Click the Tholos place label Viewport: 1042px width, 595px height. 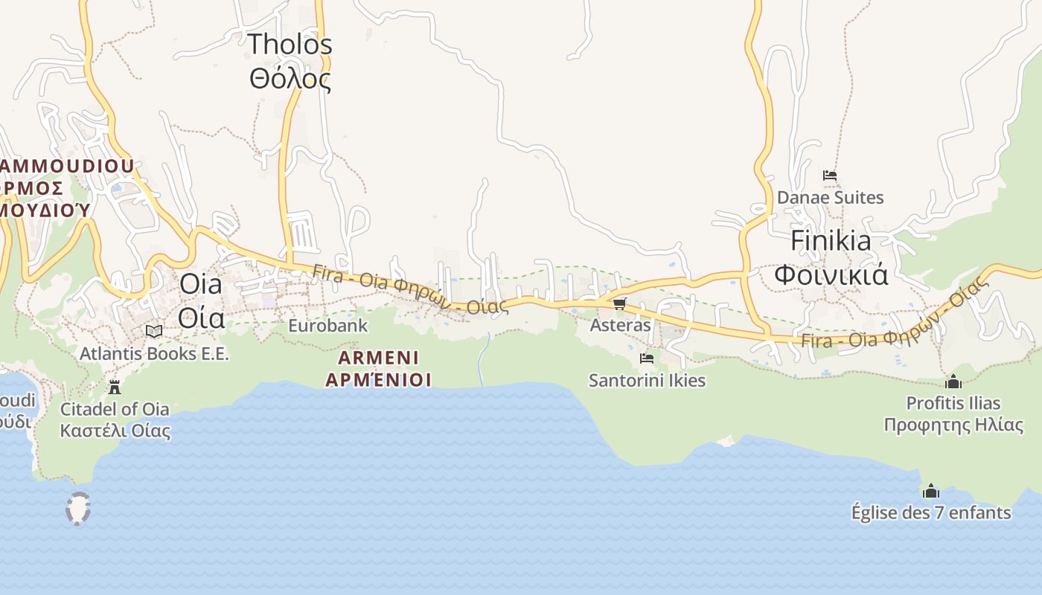pos(290,44)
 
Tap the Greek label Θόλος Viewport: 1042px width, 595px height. pos(290,78)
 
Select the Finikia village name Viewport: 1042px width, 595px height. pos(831,241)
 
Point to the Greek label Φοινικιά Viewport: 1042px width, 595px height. pos(831,274)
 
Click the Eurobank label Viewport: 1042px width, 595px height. pos(327,326)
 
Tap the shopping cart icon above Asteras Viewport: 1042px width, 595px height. pos(619,303)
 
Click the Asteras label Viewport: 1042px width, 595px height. pos(620,325)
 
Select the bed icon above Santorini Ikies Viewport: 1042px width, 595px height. pos(646,358)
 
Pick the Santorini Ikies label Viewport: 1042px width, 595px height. pos(647,381)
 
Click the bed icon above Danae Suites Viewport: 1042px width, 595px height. pos(830,176)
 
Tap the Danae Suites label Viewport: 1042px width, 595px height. pos(830,198)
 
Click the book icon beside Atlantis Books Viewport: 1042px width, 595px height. pos(154,332)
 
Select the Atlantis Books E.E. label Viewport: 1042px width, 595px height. pos(154,354)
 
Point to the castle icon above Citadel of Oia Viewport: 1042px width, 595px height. pos(115,387)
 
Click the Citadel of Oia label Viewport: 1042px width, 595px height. pos(115,409)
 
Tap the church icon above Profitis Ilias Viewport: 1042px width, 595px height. pos(953,382)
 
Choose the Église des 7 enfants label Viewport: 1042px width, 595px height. pos(931,512)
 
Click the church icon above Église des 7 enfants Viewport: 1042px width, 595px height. pos(930,491)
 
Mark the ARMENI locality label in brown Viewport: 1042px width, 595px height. pos(378,358)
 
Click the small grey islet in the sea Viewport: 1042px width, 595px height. pos(78,509)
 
